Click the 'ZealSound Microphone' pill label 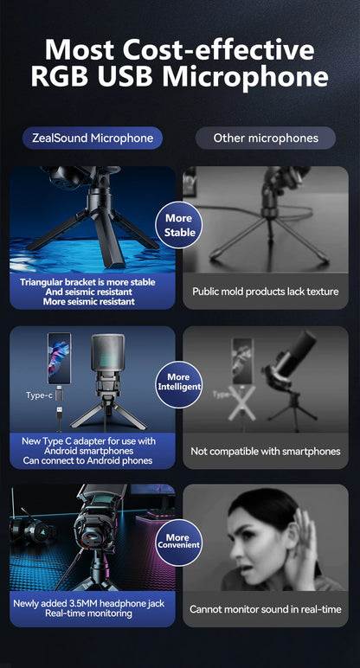(x=93, y=138)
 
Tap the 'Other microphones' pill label (x=266, y=138)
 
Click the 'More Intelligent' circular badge (x=178, y=382)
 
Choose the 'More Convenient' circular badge (x=177, y=542)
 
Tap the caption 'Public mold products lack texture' (x=266, y=292)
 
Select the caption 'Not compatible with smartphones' (x=266, y=451)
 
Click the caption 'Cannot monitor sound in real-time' (x=266, y=609)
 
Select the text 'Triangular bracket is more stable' (x=87, y=281)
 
